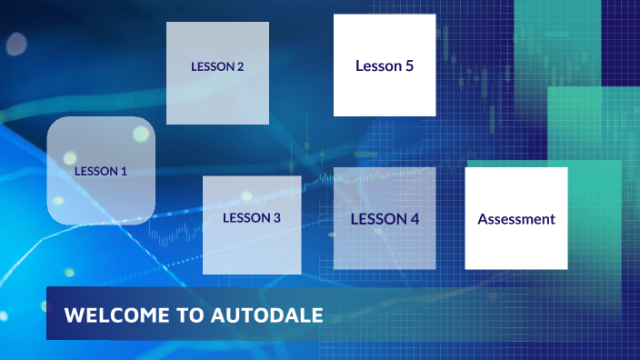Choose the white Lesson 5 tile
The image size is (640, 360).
point(385,91)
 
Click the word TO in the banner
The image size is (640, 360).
point(189,315)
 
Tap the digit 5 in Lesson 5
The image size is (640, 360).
point(409,65)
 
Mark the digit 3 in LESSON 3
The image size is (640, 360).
point(276,218)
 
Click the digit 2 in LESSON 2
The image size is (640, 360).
point(240,66)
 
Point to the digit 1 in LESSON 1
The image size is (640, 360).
point(124,171)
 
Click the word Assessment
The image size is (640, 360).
point(516,219)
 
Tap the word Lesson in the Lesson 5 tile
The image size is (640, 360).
point(377,65)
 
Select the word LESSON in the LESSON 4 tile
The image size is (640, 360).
point(378,219)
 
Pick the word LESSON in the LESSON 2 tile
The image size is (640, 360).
point(212,66)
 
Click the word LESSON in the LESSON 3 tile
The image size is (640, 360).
point(246,218)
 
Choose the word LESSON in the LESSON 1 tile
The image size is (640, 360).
point(95,171)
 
